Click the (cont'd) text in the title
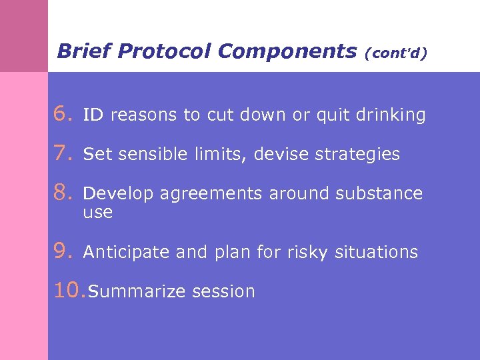tap(395, 53)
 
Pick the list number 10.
tap(69, 291)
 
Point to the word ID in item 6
tap(93, 115)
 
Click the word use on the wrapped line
tap(97, 213)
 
